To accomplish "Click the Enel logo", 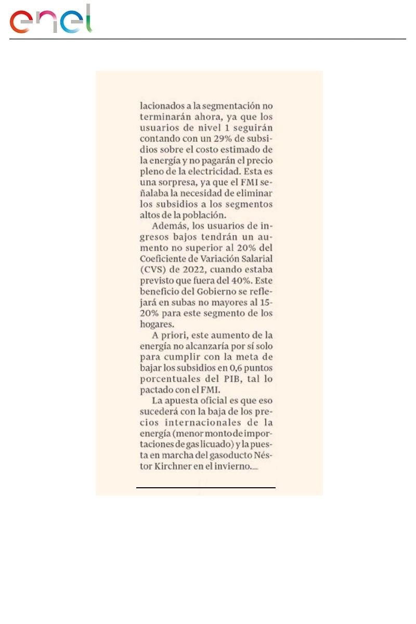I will point(50,20).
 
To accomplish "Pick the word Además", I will point(170,226).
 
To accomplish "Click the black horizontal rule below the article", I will point(205,488).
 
